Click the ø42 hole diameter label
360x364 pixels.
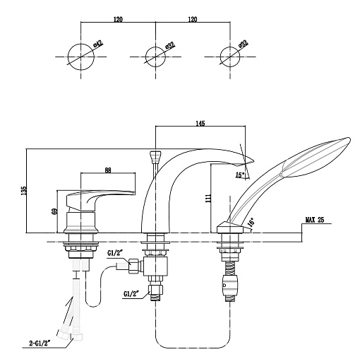[x=98, y=44]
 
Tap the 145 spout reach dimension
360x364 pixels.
[x=200, y=123]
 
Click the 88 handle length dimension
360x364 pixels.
[x=108, y=170]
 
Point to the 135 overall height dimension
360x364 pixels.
[x=23, y=191]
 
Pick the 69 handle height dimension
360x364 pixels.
[x=54, y=211]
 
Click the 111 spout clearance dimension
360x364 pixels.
[x=208, y=199]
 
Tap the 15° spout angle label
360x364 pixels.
[x=240, y=175]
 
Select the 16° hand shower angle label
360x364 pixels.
[x=251, y=223]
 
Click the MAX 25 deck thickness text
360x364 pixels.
[x=315, y=220]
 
